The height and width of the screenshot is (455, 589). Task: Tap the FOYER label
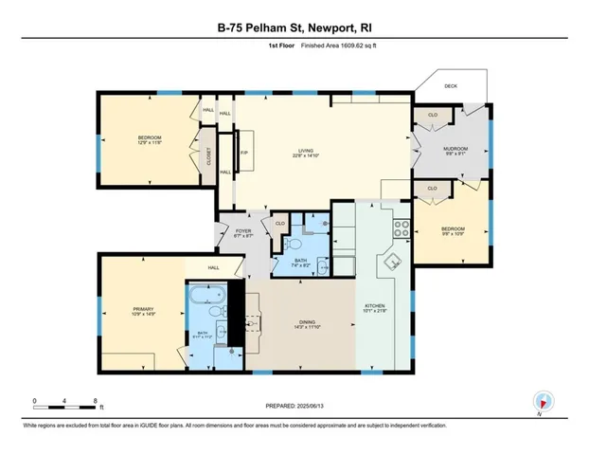tap(241, 232)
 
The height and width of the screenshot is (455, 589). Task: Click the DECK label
tap(449, 85)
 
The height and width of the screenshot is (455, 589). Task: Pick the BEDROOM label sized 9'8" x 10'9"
tap(454, 230)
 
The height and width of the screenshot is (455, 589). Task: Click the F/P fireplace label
tap(243, 153)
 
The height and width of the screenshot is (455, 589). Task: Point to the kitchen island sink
tap(388, 263)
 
